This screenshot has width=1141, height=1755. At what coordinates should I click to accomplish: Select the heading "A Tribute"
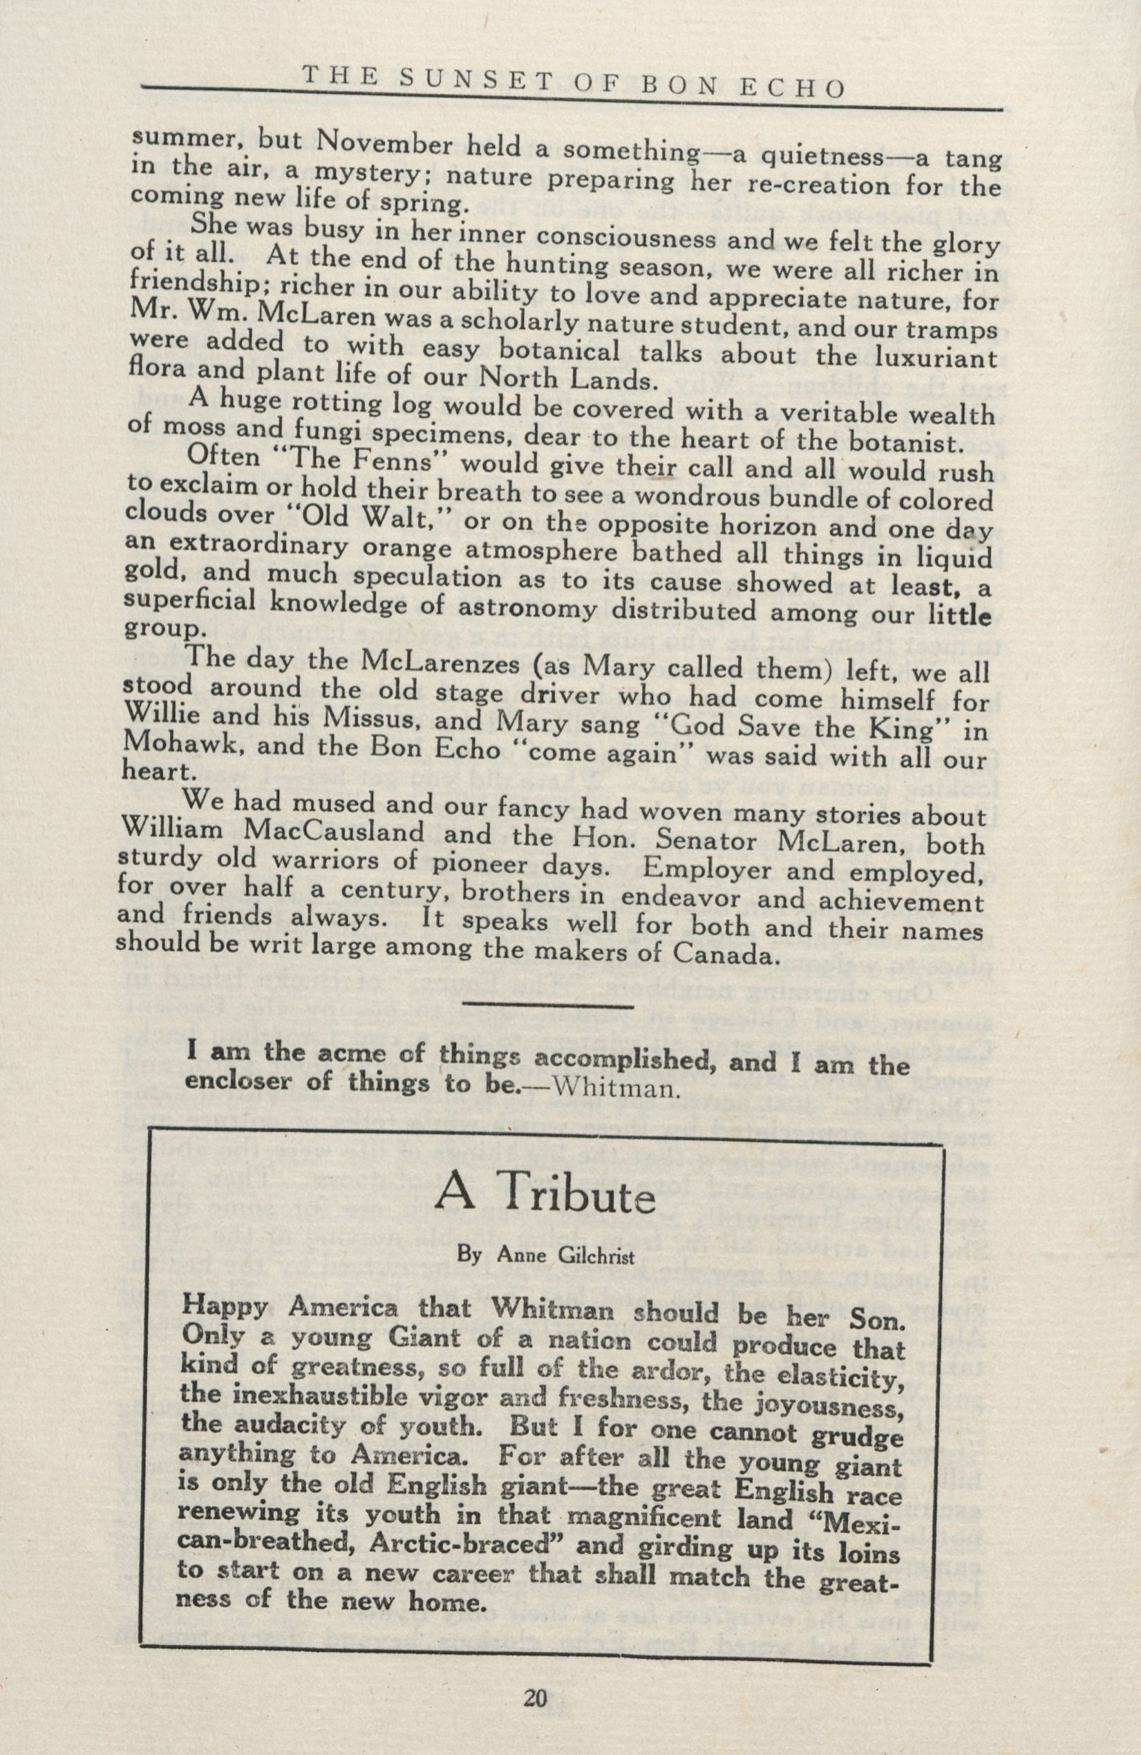pyautogui.click(x=545, y=1196)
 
